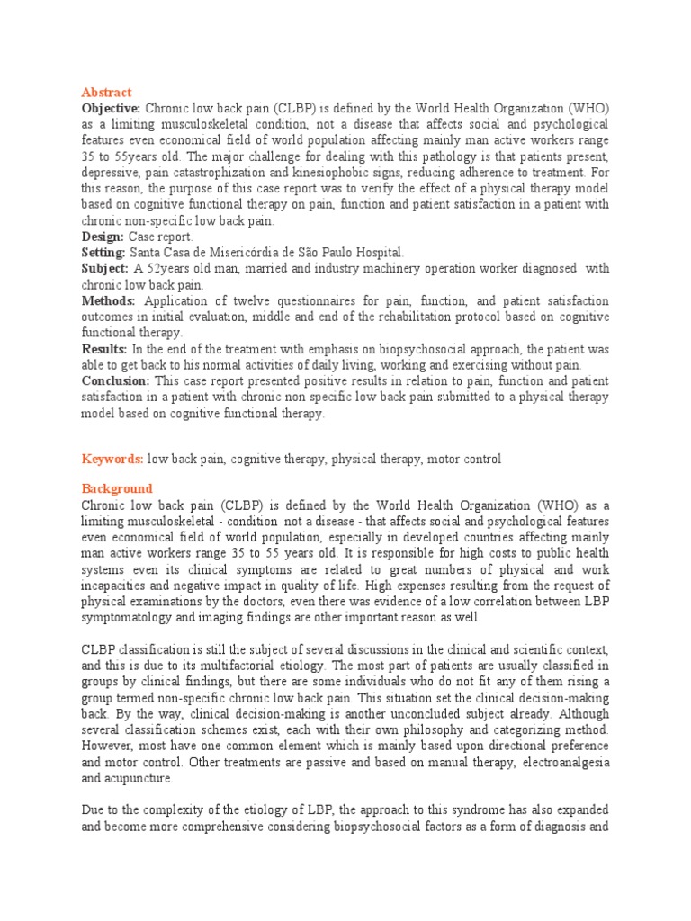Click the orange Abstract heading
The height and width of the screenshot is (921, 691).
point(106,93)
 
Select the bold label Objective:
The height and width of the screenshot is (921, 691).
point(111,108)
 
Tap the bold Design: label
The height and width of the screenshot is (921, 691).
point(103,237)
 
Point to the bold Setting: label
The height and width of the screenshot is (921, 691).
point(103,253)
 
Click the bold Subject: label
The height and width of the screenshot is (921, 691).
point(104,269)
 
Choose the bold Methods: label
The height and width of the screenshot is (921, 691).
point(108,301)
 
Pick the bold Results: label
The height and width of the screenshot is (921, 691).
point(104,349)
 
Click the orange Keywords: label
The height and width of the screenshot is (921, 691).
point(112,459)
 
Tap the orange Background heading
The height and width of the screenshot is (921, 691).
point(117,489)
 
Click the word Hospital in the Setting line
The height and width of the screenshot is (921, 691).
point(379,253)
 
